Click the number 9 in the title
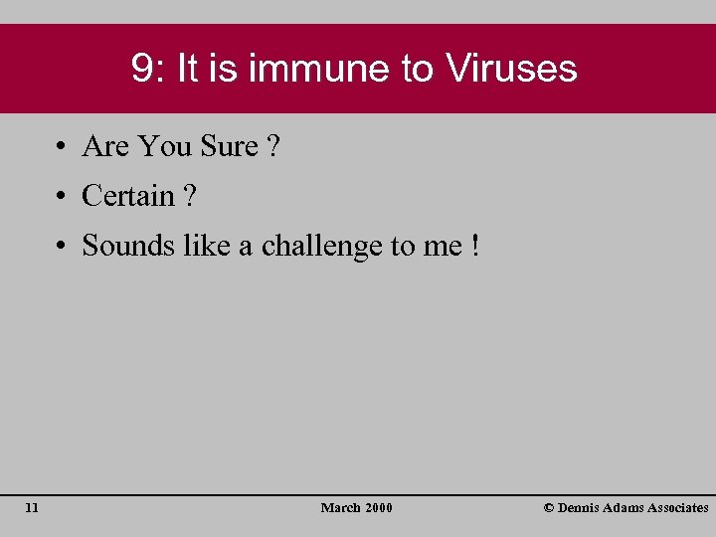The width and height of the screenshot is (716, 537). pyautogui.click(x=141, y=69)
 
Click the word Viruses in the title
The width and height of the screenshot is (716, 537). pyautogui.click(x=511, y=69)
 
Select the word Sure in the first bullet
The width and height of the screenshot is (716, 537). pyautogui.click(x=229, y=147)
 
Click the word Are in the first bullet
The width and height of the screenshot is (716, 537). pyautogui.click(x=105, y=147)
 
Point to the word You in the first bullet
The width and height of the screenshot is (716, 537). pyautogui.click(x=165, y=147)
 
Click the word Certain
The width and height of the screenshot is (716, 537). pyautogui.click(x=128, y=196)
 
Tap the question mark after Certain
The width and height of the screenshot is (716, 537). pyautogui.click(x=190, y=196)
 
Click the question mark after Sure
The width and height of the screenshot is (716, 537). pyautogui.click(x=274, y=147)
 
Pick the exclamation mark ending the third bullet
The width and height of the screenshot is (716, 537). pyautogui.click(x=475, y=245)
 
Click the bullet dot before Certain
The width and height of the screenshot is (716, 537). pyautogui.click(x=62, y=197)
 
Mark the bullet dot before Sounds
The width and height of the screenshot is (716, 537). pyautogui.click(x=62, y=246)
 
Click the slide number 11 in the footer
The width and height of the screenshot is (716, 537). pyautogui.click(x=32, y=508)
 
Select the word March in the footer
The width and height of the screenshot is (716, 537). pyautogui.click(x=340, y=508)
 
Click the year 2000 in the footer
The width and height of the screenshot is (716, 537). pyautogui.click(x=379, y=508)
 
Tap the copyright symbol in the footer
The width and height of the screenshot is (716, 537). pyautogui.click(x=549, y=508)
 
